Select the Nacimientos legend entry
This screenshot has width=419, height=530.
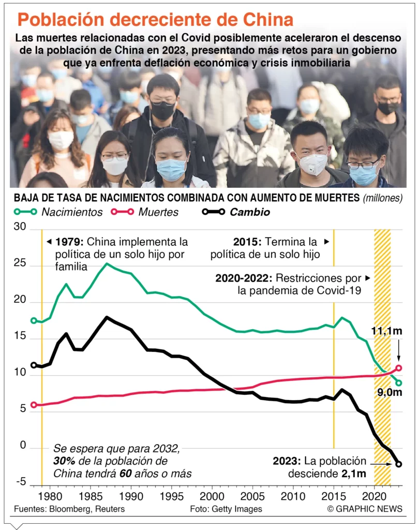(71, 212)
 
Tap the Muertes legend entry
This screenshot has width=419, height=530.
(158, 212)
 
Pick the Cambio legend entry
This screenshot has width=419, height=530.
(249, 212)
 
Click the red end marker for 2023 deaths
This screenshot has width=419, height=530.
(399, 369)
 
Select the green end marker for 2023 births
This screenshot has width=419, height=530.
(399, 383)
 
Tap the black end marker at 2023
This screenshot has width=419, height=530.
(399, 464)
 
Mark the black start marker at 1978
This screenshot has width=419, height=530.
(34, 365)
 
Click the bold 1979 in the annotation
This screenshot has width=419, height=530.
(69, 242)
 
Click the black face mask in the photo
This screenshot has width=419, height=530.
(163, 110)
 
